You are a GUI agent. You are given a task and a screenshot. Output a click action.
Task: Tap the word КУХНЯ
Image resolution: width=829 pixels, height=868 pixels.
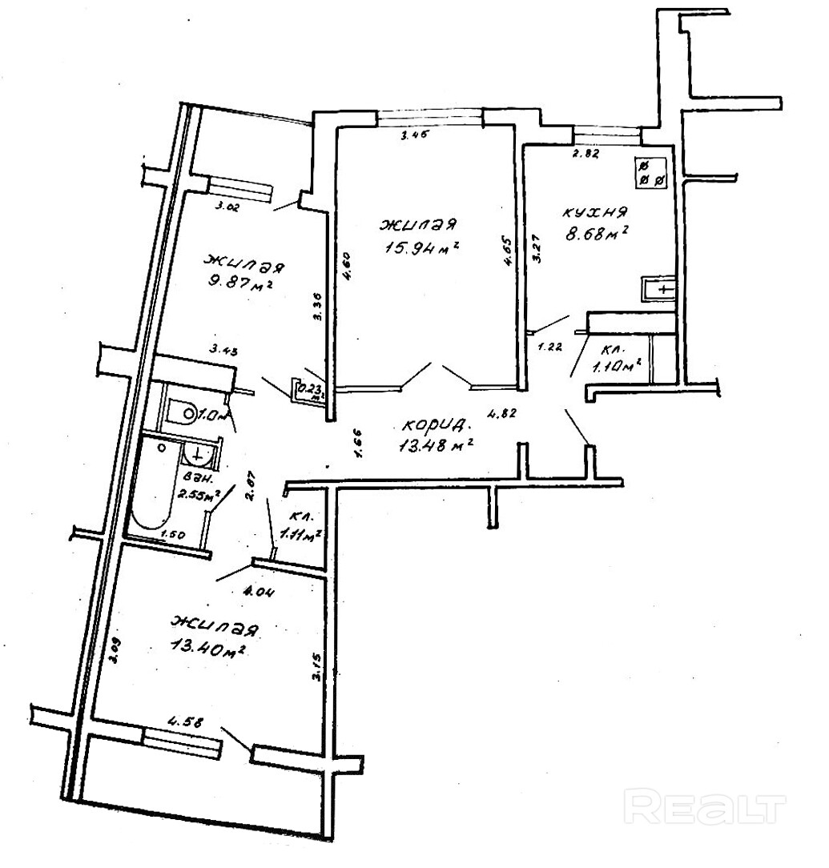click(594, 213)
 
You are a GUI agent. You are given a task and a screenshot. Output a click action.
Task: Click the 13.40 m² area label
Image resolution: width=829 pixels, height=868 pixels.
click(207, 645)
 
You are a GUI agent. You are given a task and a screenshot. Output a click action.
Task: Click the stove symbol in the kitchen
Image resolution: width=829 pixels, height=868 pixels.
click(650, 172)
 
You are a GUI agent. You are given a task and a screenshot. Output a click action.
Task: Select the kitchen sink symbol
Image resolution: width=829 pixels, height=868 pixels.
click(659, 288)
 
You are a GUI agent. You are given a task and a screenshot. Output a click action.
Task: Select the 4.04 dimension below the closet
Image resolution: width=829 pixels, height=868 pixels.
click(258, 593)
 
